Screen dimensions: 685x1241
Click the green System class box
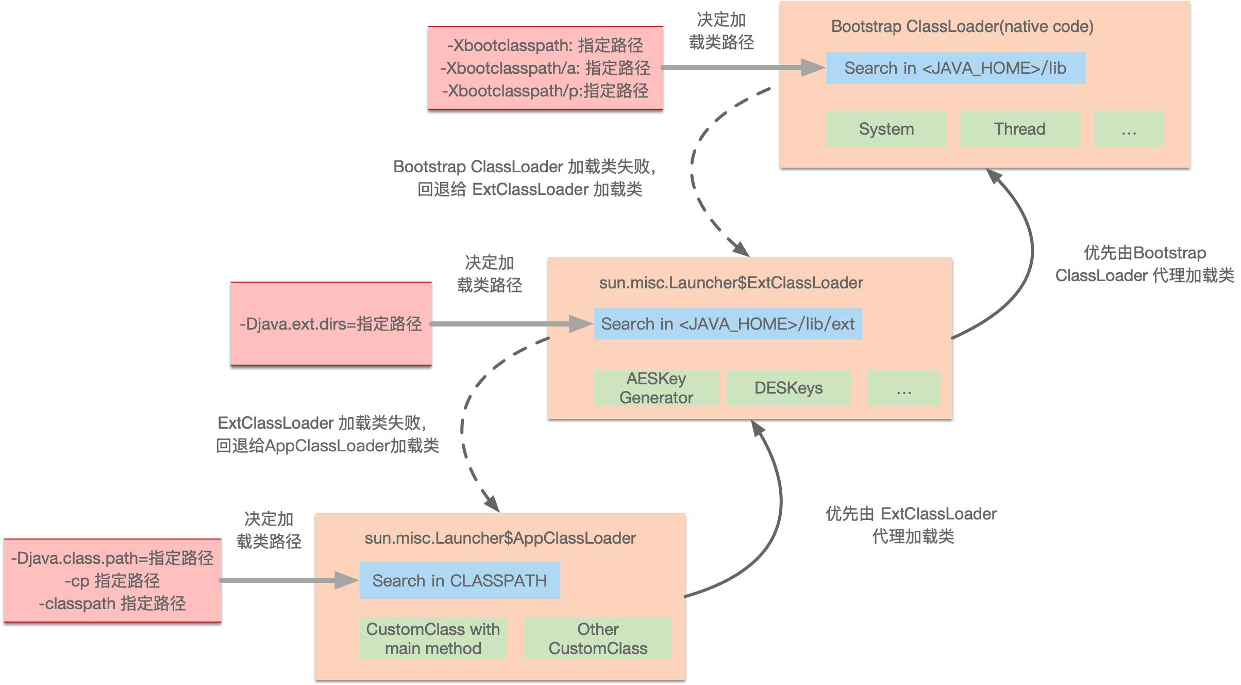click(x=886, y=129)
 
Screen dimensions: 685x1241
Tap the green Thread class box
click(x=1020, y=129)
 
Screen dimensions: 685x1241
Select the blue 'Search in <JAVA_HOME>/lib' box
click(x=955, y=68)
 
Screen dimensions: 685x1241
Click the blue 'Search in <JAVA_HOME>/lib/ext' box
click(x=728, y=324)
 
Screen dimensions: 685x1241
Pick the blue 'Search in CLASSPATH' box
click(x=459, y=581)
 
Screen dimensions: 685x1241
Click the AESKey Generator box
click(x=656, y=388)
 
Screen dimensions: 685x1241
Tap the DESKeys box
click(x=789, y=388)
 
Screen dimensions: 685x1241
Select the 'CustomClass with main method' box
click(x=433, y=639)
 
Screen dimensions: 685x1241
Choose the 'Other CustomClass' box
click(x=598, y=639)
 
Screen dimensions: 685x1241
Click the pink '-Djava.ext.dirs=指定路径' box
click(x=331, y=324)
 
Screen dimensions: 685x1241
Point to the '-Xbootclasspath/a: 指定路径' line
click(x=545, y=68)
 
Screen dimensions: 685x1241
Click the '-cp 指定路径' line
click(x=112, y=581)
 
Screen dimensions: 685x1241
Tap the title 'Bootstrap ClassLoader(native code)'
click(x=962, y=27)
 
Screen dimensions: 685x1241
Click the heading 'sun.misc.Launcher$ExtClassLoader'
click(x=731, y=283)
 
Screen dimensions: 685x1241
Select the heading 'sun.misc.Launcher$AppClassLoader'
click(x=500, y=539)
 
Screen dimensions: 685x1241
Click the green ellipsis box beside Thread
click(x=1129, y=129)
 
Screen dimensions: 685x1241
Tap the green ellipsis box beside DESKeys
click(x=904, y=388)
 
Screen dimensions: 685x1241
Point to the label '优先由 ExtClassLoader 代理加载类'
click(x=911, y=525)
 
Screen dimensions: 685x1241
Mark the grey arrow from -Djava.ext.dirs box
click(x=510, y=324)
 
